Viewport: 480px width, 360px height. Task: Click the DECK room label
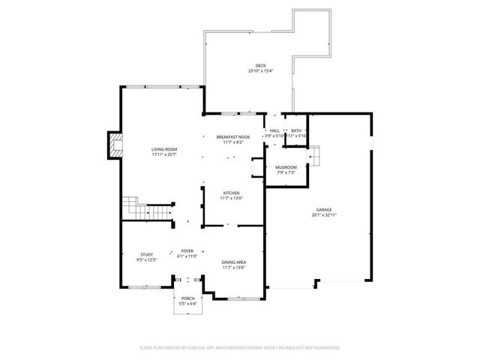pos(261,66)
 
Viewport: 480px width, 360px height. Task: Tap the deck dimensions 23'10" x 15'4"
pos(261,71)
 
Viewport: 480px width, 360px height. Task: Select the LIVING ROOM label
pos(164,149)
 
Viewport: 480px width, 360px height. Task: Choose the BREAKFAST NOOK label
pos(233,136)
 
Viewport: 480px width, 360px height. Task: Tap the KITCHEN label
pos(231,193)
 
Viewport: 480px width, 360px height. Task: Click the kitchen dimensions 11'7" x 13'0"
pos(231,198)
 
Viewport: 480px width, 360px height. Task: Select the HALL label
pos(275,131)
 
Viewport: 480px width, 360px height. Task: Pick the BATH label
pos(296,131)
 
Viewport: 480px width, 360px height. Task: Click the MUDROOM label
pos(286,167)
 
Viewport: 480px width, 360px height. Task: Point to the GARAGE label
pos(324,210)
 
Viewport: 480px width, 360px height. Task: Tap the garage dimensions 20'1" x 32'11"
pos(324,215)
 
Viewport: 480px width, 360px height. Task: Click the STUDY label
pos(146,255)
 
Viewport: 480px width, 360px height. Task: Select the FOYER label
pos(187,251)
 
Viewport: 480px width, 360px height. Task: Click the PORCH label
pos(187,299)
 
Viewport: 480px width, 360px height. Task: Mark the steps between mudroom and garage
pos(316,156)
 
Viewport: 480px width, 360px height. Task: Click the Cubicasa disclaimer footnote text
pos(240,347)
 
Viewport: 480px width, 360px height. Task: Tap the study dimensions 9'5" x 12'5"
pos(146,260)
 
